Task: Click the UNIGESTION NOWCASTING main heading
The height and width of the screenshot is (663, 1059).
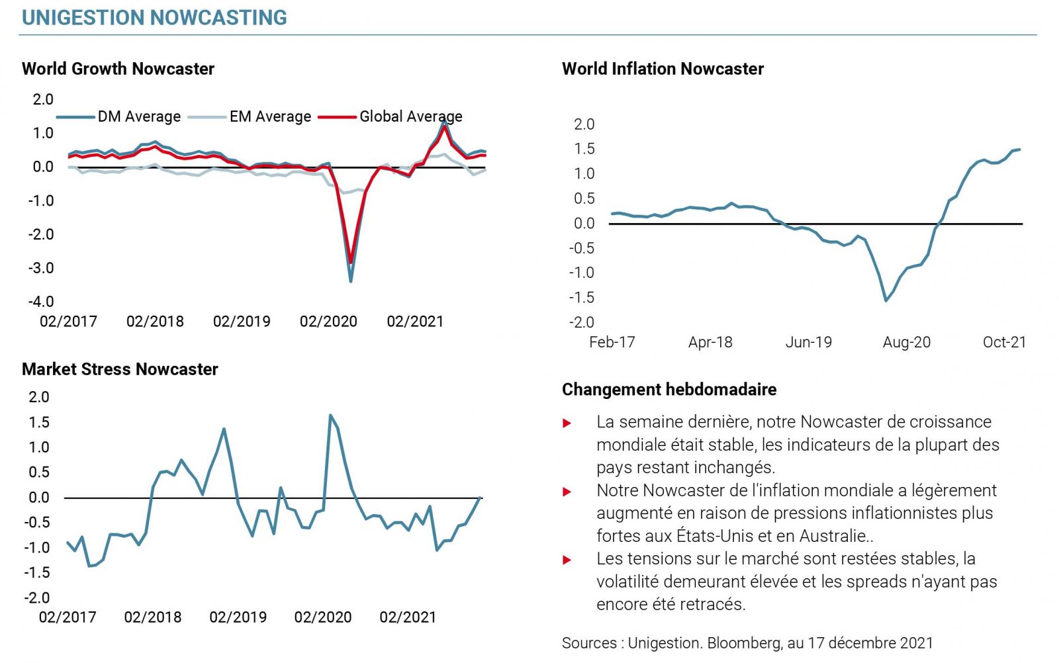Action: [x=154, y=17]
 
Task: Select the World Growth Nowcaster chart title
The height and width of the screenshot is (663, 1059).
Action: [x=118, y=69]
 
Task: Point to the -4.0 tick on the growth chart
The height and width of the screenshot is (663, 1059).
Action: [x=40, y=302]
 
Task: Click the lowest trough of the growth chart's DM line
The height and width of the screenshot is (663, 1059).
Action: [x=350, y=281]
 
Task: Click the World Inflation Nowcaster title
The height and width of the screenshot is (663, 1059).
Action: [x=663, y=69]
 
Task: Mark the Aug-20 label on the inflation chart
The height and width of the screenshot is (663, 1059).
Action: [x=906, y=342]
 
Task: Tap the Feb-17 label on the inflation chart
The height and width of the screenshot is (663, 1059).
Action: [x=612, y=342]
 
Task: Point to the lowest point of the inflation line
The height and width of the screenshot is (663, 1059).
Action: [x=886, y=300]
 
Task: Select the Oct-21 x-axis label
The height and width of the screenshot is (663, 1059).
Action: [x=1004, y=342]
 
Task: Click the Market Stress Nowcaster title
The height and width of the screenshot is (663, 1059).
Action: [x=120, y=369]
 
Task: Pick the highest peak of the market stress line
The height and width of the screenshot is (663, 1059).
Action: [x=330, y=416]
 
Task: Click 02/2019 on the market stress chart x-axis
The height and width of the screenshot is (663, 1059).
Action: [x=238, y=617]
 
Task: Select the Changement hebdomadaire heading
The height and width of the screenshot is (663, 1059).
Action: [x=669, y=389]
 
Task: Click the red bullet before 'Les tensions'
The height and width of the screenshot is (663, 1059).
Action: [x=567, y=560]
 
